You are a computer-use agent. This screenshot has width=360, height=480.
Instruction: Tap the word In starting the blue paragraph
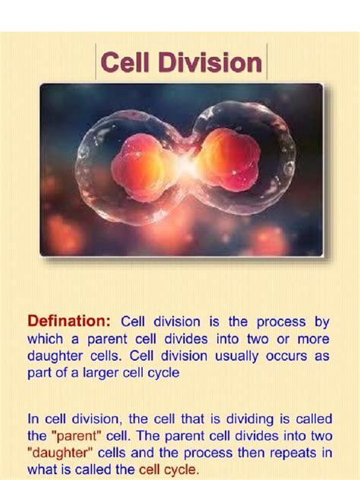(x=34, y=418)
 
